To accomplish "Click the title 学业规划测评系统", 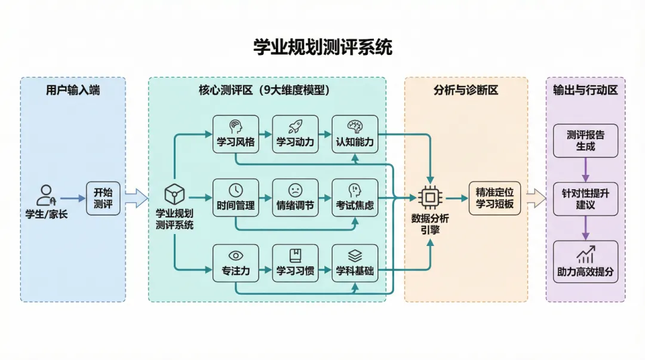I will (x=322, y=47).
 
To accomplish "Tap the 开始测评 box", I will (x=103, y=198).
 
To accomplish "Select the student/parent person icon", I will (x=45, y=195).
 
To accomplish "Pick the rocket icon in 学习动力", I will (x=295, y=126).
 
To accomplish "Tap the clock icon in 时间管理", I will (x=236, y=190).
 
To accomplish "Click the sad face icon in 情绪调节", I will (x=295, y=190).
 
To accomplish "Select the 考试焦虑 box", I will (x=355, y=197).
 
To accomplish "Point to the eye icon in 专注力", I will (x=236, y=256).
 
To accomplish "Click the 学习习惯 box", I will (x=295, y=263).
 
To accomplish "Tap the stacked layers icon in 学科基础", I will (x=355, y=256).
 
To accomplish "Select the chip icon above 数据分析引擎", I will (x=429, y=198).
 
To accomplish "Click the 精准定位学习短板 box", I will (x=494, y=198).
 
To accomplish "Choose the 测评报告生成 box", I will (x=585, y=141).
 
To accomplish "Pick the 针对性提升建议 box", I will (x=585, y=199).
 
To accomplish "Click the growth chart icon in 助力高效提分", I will (x=585, y=255).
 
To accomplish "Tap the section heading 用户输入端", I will (x=73, y=91).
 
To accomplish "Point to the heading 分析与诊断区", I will (x=466, y=91).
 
